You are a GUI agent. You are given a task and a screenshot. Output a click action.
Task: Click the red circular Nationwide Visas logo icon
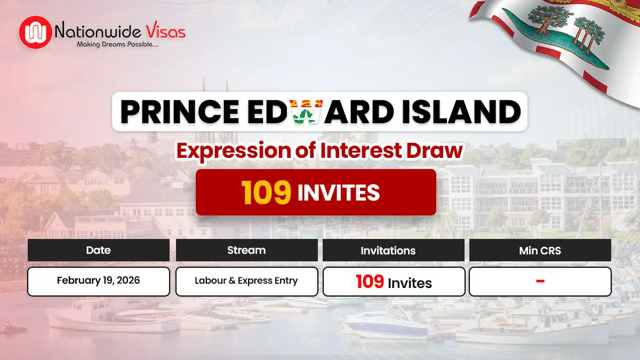click(36, 32)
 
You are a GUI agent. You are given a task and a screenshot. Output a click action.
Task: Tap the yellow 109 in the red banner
click(267, 193)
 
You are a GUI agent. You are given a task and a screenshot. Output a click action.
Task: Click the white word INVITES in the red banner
click(338, 193)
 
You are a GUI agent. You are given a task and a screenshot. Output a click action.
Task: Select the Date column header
click(98, 250)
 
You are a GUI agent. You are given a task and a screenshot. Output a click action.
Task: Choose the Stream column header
click(246, 250)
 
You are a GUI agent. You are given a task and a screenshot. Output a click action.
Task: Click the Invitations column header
click(388, 250)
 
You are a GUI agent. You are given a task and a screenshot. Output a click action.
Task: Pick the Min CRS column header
click(540, 250)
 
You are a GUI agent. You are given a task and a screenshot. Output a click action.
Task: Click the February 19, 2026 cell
click(98, 281)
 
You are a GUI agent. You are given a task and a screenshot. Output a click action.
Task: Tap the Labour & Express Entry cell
click(246, 281)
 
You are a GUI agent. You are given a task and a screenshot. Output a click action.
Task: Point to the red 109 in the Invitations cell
click(370, 281)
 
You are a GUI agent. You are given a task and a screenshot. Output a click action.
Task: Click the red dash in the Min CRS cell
click(540, 281)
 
